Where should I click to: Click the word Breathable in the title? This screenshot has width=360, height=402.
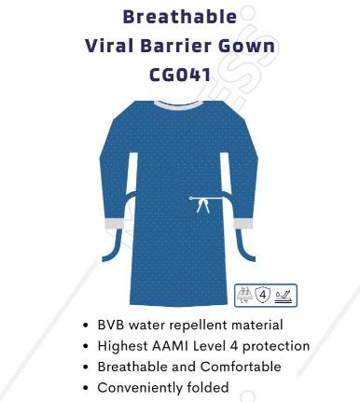tap(178, 16)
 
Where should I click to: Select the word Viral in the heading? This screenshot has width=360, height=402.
tap(110, 46)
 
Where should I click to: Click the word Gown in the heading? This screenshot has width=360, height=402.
tap(249, 46)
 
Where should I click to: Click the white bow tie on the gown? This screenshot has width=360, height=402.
tap(201, 204)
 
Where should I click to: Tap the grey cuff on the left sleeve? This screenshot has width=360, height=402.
tap(114, 224)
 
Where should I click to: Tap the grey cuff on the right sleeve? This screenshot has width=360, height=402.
tap(245, 225)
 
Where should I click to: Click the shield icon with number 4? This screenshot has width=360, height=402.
tap(264, 296)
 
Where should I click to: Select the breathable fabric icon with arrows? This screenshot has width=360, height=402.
tap(245, 296)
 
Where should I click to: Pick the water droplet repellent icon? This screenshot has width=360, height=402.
tap(284, 296)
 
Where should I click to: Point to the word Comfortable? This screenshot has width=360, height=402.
tap(244, 367)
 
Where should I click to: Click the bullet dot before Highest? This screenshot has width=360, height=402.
tap(87, 346)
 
